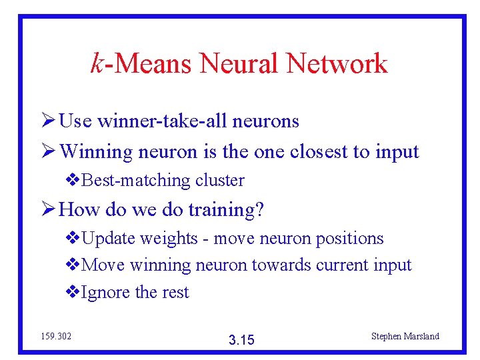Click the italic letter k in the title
(x=97, y=63)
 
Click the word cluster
(x=219, y=181)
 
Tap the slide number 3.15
(x=241, y=340)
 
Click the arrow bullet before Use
(x=47, y=121)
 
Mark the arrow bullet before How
(x=47, y=211)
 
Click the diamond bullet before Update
(x=73, y=239)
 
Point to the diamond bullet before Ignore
(x=73, y=293)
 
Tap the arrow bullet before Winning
(x=47, y=153)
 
